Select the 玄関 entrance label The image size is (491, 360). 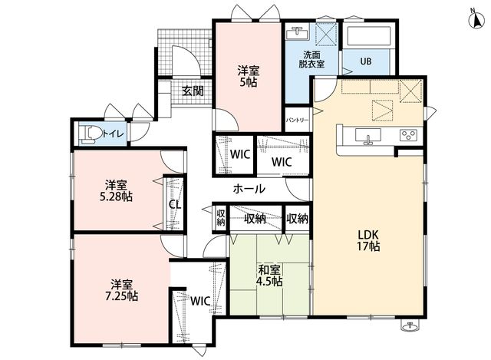[193, 91]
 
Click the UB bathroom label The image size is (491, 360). [366, 61]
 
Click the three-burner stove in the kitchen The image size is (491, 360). [409, 135]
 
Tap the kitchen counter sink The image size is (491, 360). [368, 137]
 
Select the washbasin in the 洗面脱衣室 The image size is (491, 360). [297, 33]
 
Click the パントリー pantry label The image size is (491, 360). [297, 121]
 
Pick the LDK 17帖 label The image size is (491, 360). [368, 240]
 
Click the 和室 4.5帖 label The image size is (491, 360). [269, 276]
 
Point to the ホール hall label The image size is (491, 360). [249, 189]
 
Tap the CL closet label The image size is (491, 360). [175, 205]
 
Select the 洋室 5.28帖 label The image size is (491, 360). [116, 191]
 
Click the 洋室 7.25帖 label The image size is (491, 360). [121, 290]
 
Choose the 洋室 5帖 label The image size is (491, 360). [248, 76]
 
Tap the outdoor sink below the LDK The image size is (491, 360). [409, 326]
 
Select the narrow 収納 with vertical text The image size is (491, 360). [221, 217]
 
